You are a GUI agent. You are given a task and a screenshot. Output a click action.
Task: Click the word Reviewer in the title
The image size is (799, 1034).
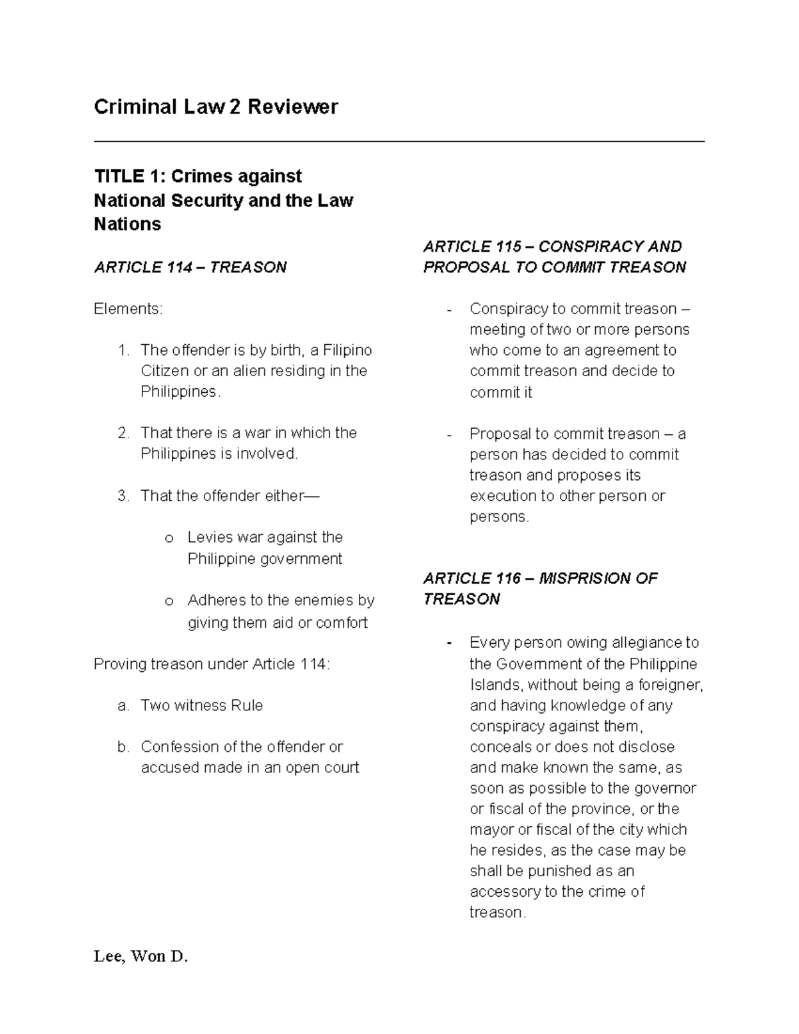[293, 107]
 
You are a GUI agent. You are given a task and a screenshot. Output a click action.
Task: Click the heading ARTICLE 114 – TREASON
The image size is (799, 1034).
[190, 267]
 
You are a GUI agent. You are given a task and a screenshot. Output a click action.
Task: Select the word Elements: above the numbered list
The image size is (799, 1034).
[127, 309]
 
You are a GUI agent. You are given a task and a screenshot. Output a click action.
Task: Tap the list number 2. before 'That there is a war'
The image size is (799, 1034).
[123, 433]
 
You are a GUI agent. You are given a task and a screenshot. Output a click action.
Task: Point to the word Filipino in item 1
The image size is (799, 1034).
[347, 350]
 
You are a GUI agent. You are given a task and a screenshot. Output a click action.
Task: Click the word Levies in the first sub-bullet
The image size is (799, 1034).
[210, 537]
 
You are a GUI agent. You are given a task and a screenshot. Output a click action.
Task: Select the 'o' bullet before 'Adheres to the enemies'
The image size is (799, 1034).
[169, 601]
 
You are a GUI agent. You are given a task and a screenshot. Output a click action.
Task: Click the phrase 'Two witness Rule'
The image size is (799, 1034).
[202, 705]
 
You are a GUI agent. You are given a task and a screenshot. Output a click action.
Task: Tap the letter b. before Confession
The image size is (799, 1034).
[123, 747]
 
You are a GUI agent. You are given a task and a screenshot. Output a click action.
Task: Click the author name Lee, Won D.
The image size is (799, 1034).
[140, 957]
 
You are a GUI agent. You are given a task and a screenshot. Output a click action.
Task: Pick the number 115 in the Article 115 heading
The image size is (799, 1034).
[508, 246]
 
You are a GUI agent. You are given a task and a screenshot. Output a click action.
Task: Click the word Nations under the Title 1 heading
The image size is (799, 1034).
[127, 224]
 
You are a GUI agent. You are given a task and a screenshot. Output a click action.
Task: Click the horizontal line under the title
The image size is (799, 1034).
[399, 141]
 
